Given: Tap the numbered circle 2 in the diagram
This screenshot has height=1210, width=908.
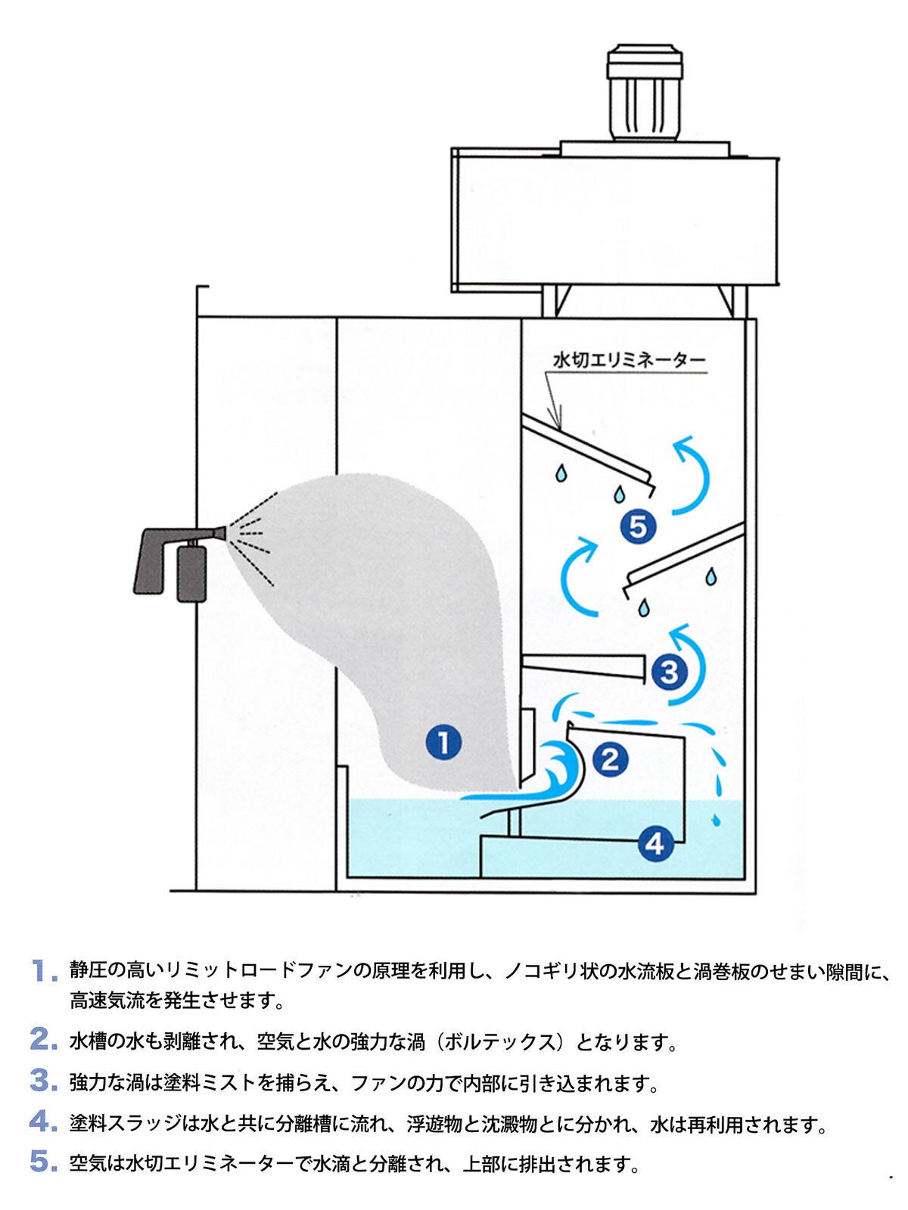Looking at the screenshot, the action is tap(611, 760).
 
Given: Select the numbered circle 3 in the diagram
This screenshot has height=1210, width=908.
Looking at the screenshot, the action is tap(669, 672).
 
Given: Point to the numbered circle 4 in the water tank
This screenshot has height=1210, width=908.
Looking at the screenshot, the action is tap(655, 843).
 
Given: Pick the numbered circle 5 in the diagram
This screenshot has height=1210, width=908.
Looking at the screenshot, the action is tap(638, 526).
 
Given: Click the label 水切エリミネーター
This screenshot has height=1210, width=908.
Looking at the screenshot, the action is tap(629, 361).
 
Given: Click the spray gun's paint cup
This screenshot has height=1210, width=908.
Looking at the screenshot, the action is tap(191, 572).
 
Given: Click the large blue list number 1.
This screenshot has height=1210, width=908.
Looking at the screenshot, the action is tap(44, 970).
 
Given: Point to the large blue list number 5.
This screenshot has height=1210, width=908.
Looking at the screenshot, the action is tap(43, 1160).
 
